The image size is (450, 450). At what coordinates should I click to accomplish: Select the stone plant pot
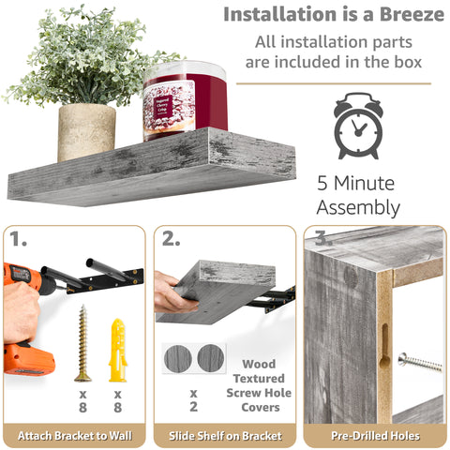click(x=86, y=130)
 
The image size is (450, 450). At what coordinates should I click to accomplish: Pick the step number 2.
click(x=171, y=239)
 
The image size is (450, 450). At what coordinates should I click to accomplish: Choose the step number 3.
click(x=322, y=239)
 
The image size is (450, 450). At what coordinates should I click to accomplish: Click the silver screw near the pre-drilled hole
click(x=419, y=361)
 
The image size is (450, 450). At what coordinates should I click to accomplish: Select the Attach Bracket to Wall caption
click(x=75, y=434)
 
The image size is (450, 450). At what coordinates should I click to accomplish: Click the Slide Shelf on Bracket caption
click(x=225, y=434)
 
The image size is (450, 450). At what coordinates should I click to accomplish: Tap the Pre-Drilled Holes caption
click(x=374, y=434)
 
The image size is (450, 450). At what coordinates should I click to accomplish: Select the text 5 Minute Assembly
click(x=357, y=195)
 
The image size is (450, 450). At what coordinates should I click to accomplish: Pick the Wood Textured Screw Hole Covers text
click(x=260, y=385)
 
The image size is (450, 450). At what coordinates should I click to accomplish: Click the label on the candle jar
click(x=169, y=109)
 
